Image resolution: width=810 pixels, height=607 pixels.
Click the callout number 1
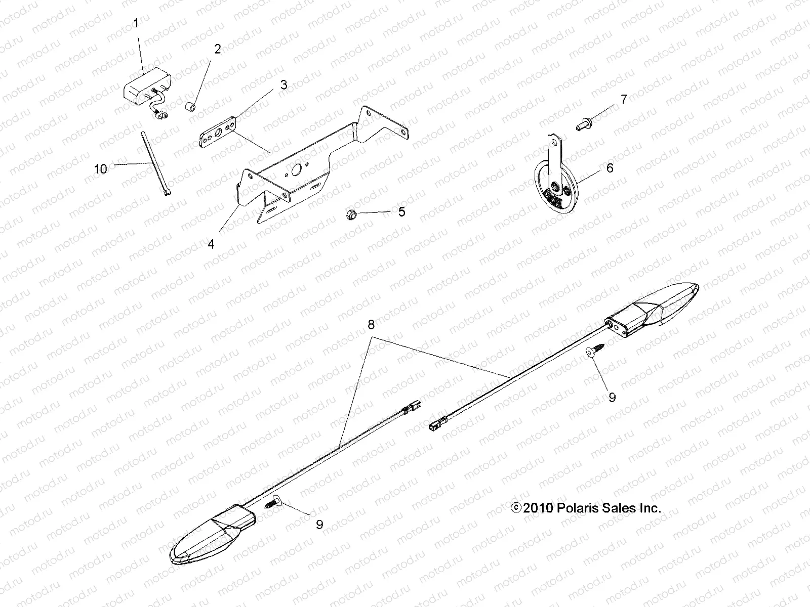point(135,23)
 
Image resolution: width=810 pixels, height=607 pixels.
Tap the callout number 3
point(283,84)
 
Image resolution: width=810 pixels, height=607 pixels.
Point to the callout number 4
point(211,244)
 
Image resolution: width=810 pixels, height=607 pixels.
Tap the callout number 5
point(401,211)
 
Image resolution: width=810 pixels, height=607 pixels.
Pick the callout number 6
point(610,167)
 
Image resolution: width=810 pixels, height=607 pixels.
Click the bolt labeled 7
point(584,123)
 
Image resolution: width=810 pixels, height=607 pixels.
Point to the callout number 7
point(624,100)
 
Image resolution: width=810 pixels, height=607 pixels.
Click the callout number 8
point(371,325)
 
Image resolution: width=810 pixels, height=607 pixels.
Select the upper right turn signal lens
point(673,303)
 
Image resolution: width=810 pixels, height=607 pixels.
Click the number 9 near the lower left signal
point(319,525)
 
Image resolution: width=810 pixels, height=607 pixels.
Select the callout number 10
point(101,169)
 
